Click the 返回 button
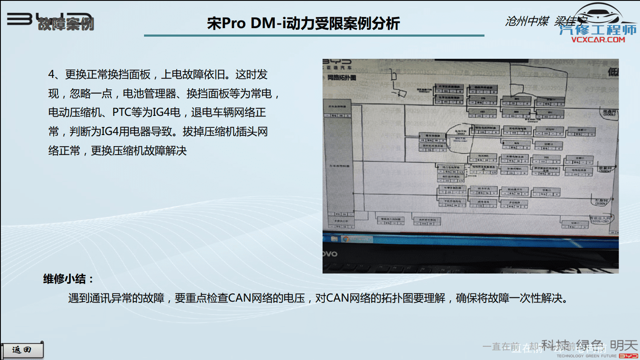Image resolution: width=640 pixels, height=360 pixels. [22, 350]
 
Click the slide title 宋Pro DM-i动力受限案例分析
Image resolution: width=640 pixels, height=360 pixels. [303, 23]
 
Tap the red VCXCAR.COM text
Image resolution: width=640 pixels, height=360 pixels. [598, 40]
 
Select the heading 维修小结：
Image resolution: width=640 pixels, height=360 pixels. [68, 279]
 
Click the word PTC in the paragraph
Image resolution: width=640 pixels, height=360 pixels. [121, 112]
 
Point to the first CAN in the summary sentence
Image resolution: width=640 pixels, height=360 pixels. [239, 298]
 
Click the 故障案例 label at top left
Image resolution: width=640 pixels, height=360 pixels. [66, 24]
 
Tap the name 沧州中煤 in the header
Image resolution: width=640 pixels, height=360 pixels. [527, 21]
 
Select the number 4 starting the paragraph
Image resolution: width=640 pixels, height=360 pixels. [52, 75]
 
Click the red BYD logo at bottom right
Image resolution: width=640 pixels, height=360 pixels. [628, 356]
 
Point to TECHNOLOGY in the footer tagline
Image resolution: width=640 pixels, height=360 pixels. [570, 356]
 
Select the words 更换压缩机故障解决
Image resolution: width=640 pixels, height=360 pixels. [139, 151]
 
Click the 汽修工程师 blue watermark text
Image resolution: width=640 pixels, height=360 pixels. [598, 30]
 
